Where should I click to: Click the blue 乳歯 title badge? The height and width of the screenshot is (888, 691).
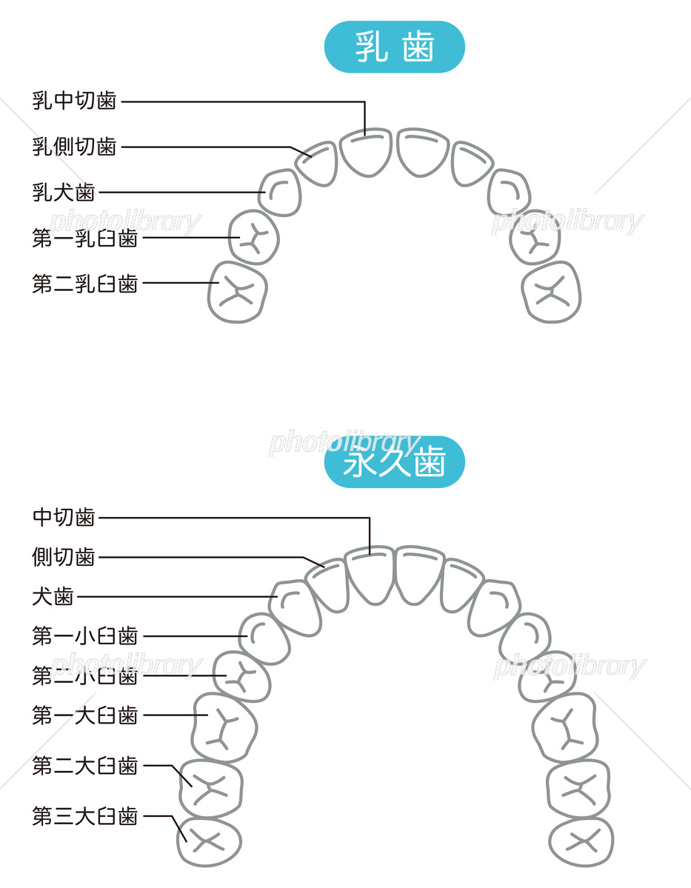[x=394, y=47]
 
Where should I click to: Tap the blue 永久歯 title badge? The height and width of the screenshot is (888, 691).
[x=394, y=462]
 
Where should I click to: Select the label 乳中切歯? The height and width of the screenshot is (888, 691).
[x=74, y=101]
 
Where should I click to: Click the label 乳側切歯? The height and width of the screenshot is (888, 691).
[x=74, y=147]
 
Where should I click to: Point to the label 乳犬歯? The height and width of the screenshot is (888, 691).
[x=64, y=193]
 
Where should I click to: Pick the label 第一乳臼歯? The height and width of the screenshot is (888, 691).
[x=84, y=238]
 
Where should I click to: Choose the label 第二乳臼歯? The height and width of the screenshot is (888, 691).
[x=84, y=283]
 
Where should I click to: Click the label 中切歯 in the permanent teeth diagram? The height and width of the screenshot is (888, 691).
[x=64, y=517]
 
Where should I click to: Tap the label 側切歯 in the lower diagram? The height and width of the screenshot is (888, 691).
[x=64, y=557]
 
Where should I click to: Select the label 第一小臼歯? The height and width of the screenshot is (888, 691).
[x=84, y=635]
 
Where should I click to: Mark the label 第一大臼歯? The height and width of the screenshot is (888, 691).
[x=84, y=715]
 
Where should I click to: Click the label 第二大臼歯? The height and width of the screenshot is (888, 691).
[x=84, y=765]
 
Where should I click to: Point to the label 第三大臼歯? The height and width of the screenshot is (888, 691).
[x=84, y=816]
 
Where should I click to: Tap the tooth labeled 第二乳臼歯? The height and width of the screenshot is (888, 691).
[x=237, y=292]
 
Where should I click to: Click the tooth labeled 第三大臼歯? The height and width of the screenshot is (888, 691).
[x=210, y=841]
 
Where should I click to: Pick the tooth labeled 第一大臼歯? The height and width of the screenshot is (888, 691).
[x=224, y=727]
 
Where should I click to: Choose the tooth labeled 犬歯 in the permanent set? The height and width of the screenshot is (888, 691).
[x=295, y=607]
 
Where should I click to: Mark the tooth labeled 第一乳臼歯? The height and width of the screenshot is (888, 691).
[x=253, y=237]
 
